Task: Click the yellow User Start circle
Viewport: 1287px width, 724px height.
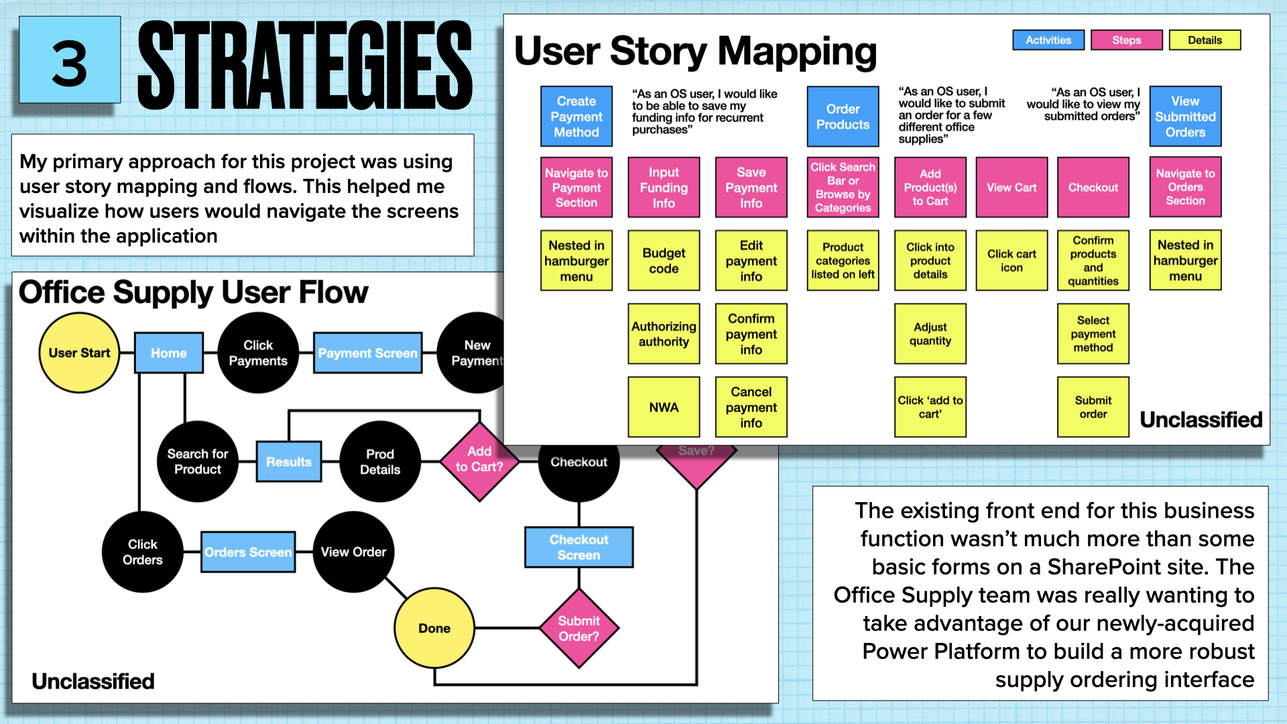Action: [79, 353]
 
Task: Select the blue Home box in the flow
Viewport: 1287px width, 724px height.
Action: [168, 353]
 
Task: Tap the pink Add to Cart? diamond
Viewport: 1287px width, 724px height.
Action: [479, 461]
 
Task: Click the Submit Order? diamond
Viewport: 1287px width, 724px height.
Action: [578, 628]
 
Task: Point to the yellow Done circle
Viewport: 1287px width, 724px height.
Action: [434, 628]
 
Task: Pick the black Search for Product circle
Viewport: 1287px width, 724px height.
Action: [197, 461]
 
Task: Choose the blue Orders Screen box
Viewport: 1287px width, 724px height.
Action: [248, 552]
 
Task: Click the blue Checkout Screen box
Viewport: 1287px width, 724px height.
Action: [578, 547]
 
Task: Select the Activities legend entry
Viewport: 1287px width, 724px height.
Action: [1048, 40]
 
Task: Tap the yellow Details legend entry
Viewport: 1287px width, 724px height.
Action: [1205, 40]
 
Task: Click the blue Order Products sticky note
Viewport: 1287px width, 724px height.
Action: [843, 117]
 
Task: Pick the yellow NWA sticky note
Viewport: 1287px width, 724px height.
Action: [664, 407]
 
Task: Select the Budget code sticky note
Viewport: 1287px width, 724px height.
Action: [664, 261]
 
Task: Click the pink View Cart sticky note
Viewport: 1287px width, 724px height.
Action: [1012, 188]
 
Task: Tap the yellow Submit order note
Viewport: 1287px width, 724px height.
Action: [1093, 407]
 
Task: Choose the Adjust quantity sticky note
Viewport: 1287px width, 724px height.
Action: [930, 334]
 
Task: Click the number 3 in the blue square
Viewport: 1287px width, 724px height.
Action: [70, 64]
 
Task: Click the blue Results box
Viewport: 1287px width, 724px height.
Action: [289, 461]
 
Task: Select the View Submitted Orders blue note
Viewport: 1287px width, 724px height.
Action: [1185, 117]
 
